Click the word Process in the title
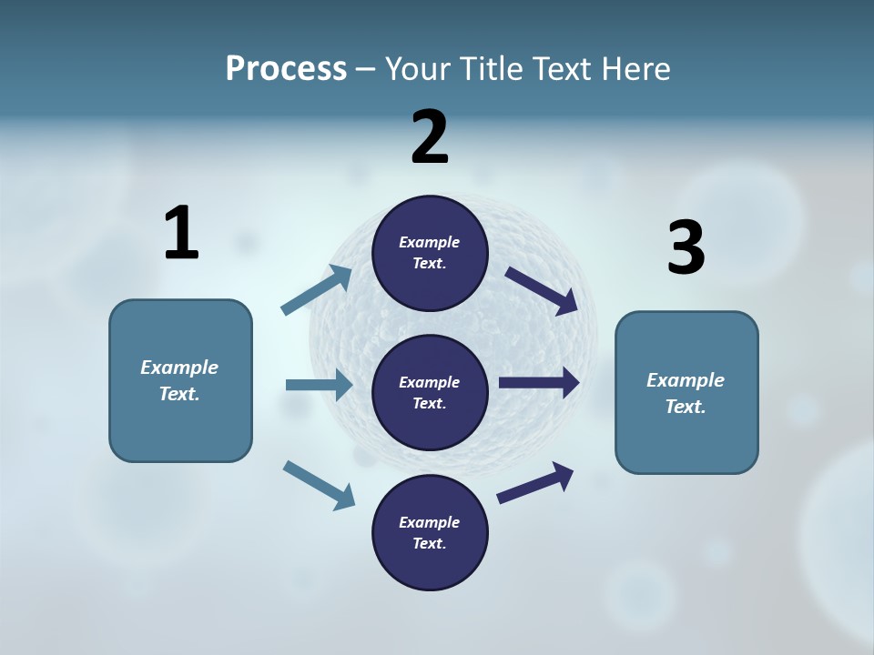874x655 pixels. coord(286,69)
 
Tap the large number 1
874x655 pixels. coord(181,233)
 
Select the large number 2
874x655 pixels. coord(430,137)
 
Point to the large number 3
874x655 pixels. coord(686,248)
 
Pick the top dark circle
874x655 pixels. coord(430,253)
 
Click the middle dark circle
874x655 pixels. coord(430,393)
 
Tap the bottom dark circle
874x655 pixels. coord(430,533)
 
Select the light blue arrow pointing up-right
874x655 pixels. coord(317,290)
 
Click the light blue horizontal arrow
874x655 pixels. coord(319,385)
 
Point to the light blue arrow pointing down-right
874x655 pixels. coord(319,484)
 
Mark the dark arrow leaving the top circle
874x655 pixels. coord(542,290)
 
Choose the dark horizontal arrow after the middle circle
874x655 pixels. coord(539,383)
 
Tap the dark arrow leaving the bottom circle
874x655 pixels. coord(535,483)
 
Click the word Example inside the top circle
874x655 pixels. coord(430,242)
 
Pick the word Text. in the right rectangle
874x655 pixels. coord(686,407)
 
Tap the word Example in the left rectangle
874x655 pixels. coord(179,368)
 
